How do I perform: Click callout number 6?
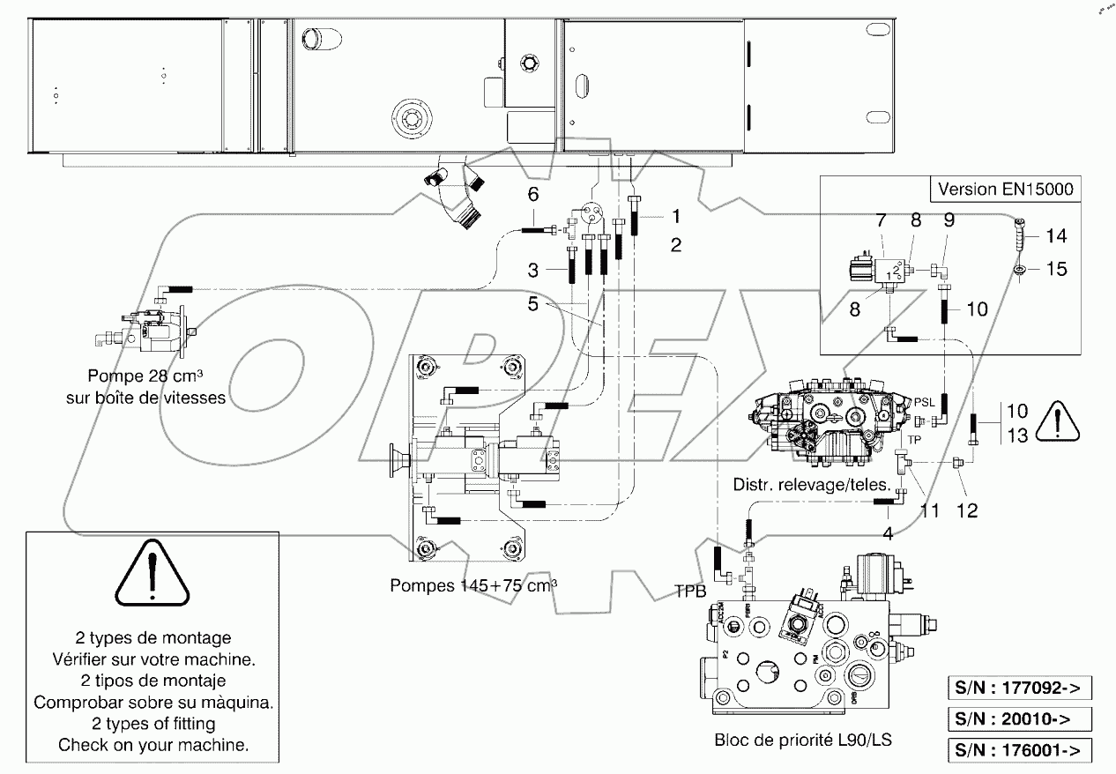coord(532,195)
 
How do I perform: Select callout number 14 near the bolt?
coord(1056,235)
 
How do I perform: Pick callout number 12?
coord(968,510)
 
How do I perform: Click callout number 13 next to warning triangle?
coord(1016,435)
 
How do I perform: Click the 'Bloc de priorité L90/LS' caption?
coord(802,741)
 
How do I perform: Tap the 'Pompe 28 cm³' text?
coord(145,378)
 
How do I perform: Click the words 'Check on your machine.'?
coord(153,745)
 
